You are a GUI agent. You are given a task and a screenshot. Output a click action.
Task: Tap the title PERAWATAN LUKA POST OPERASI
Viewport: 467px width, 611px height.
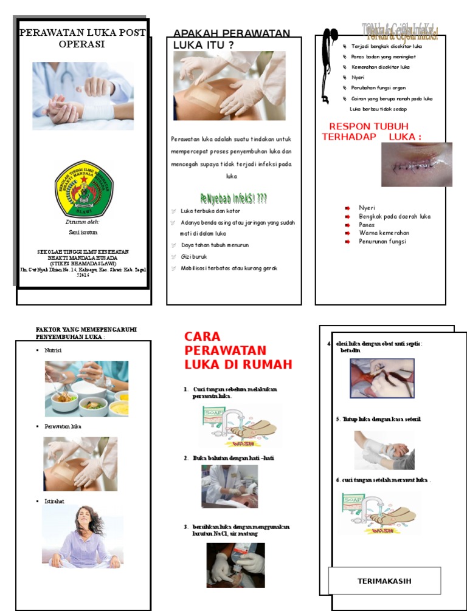(82, 38)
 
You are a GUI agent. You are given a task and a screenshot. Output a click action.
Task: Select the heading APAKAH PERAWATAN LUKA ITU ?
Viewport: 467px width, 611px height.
(231, 39)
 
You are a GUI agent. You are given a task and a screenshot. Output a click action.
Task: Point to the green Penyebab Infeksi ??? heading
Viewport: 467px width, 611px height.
(233, 198)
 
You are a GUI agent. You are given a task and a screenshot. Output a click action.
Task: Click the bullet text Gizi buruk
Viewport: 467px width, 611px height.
(194, 257)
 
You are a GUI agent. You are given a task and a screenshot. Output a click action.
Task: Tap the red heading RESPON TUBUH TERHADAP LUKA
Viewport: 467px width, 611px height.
(371, 131)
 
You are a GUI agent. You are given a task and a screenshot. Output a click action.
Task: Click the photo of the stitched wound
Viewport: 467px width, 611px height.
(417, 165)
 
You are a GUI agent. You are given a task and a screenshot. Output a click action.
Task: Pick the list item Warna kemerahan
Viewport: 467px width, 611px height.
(384, 233)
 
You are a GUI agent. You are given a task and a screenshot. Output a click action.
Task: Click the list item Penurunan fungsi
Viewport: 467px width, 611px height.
(382, 242)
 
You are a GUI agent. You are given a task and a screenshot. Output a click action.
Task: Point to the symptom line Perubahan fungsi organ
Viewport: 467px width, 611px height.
(378, 88)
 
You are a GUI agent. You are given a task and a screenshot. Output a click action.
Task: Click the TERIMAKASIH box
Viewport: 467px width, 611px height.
(384, 581)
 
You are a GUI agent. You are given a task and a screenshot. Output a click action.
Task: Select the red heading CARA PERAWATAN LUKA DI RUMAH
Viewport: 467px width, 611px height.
(238, 350)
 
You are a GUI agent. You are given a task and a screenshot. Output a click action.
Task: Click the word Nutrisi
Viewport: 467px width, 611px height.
(53, 351)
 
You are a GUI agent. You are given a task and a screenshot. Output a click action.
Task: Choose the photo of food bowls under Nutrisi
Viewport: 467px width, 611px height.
(86, 389)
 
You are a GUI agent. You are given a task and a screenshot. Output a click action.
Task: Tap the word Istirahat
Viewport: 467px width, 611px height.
(54, 502)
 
